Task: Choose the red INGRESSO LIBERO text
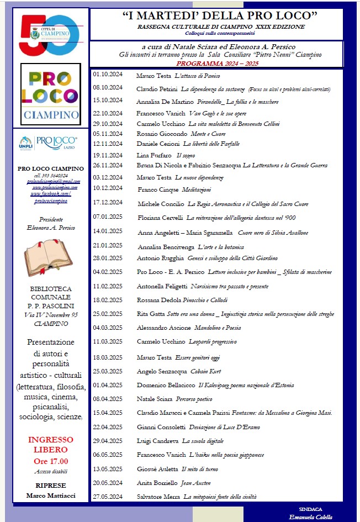51,444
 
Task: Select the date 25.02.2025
108,314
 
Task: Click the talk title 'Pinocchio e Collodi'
212,300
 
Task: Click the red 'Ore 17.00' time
51,461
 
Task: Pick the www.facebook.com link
50,193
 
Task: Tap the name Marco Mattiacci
51,495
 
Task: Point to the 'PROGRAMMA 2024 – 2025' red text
220,62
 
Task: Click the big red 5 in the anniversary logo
30,34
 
